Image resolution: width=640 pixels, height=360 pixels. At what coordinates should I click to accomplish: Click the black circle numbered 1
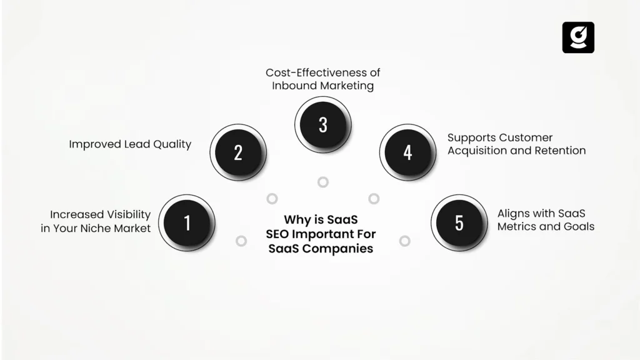[187, 222]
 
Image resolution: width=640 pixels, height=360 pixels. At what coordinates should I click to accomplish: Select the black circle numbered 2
[238, 152]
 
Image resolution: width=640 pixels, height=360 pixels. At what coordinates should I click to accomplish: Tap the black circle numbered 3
[322, 124]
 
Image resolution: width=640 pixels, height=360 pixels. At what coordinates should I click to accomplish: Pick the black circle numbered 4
[407, 152]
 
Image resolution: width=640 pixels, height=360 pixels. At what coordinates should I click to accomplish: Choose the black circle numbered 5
[459, 222]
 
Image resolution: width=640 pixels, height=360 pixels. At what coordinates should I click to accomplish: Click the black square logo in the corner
[578, 37]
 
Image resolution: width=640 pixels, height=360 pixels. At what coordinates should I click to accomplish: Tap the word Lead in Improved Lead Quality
[136, 144]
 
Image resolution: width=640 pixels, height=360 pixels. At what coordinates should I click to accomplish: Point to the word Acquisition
[478, 151]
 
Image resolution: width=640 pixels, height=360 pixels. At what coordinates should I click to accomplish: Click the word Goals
[579, 226]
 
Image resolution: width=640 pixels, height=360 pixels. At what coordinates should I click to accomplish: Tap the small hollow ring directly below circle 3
[322, 182]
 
